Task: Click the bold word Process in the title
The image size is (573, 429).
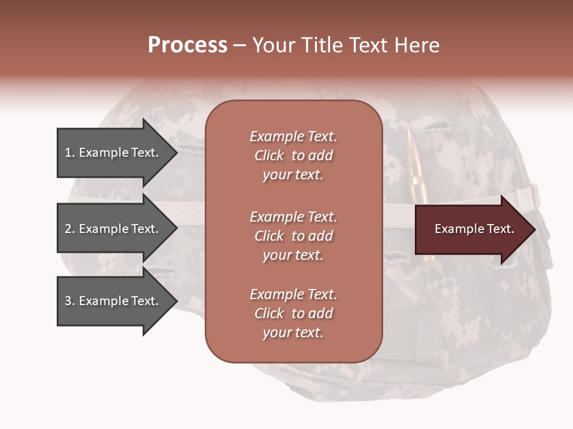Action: coord(187,45)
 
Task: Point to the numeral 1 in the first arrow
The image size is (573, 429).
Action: coord(68,153)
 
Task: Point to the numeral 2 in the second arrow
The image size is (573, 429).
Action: coord(68,229)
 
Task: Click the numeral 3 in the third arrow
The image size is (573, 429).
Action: coord(68,301)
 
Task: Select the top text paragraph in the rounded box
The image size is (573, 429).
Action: coord(293,156)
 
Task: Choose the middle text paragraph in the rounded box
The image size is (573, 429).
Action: coord(293,236)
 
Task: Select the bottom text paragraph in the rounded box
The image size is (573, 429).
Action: coord(293,313)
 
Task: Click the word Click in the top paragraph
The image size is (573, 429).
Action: coord(269,156)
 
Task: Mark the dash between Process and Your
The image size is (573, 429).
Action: coord(240,46)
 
